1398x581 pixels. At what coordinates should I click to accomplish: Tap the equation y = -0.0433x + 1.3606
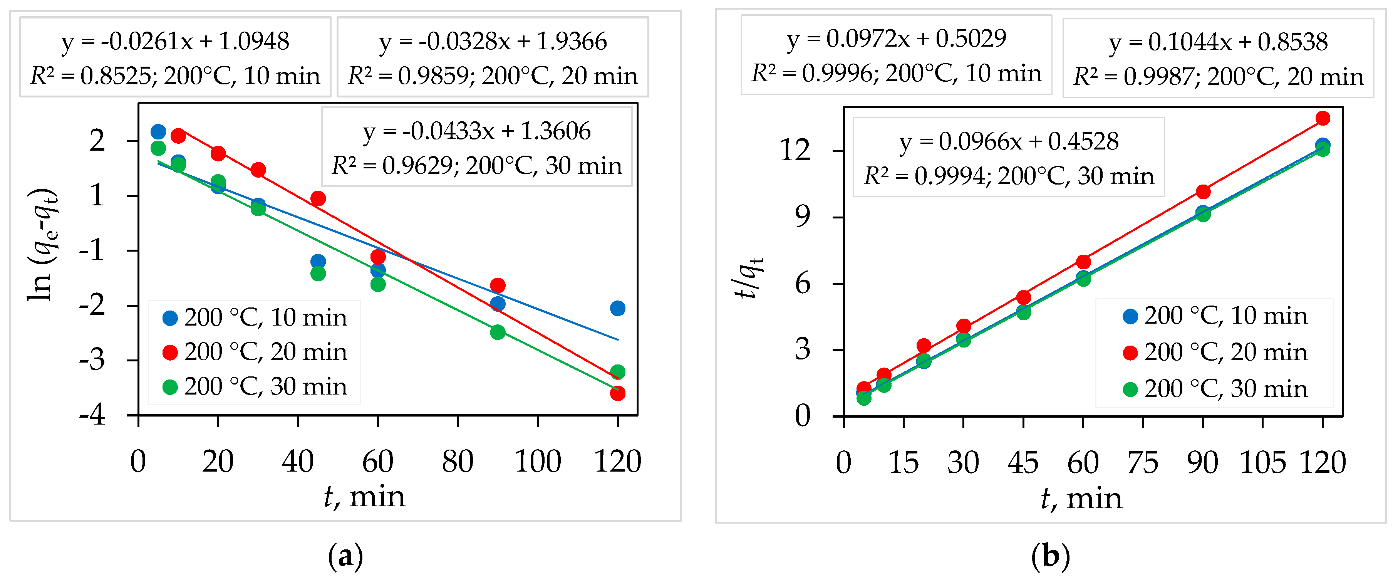[x=476, y=131]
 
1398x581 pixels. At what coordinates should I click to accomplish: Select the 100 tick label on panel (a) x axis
[x=537, y=462]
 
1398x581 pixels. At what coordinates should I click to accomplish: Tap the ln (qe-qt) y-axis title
[x=42, y=244]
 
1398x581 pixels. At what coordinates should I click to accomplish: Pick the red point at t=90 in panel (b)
[x=1203, y=191]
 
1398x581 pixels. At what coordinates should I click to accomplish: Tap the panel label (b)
[x=1050, y=557]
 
